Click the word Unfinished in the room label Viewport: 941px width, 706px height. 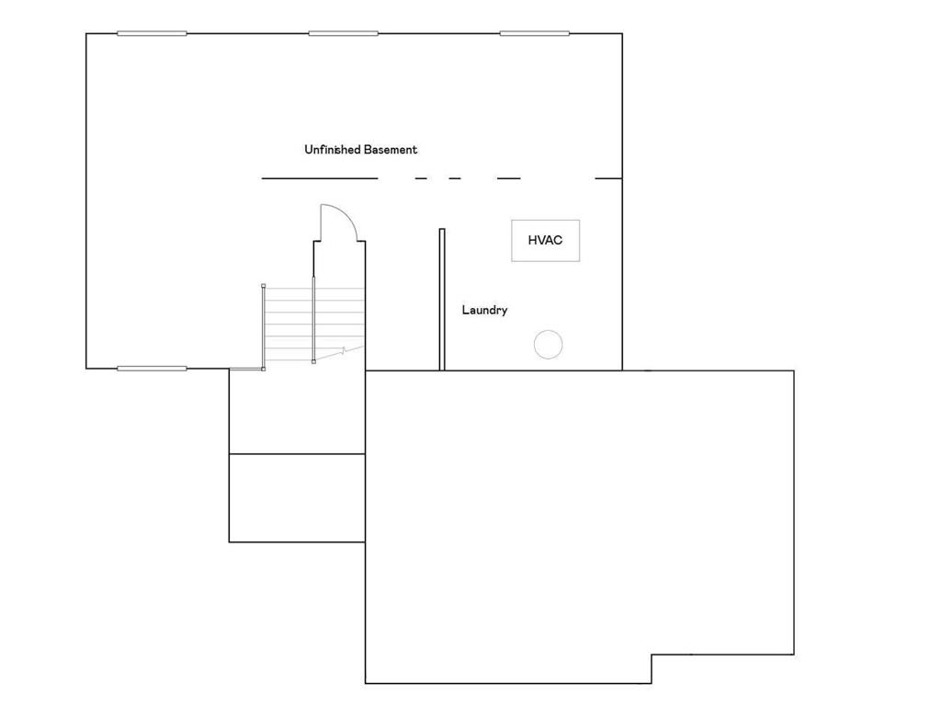coord(332,149)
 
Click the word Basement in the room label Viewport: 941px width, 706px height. coord(391,149)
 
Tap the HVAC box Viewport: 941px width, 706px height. coord(545,240)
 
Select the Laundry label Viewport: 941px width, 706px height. coord(484,311)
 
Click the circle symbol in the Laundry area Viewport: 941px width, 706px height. coord(548,345)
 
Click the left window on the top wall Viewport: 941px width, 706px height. coord(152,33)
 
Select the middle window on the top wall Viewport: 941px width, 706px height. coord(343,33)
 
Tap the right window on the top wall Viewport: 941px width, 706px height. coord(534,33)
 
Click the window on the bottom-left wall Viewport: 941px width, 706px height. coord(152,369)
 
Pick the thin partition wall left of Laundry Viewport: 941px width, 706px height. coord(442,299)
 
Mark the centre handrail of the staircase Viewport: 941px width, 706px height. coord(313,320)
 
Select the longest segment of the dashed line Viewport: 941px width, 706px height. coord(319,178)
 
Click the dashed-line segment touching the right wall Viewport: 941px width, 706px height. coord(608,178)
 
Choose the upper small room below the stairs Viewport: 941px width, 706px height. coord(297,412)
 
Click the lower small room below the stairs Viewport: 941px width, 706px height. coord(297,497)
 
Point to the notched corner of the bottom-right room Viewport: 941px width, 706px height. coord(652,655)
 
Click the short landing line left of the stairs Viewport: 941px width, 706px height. coord(246,369)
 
